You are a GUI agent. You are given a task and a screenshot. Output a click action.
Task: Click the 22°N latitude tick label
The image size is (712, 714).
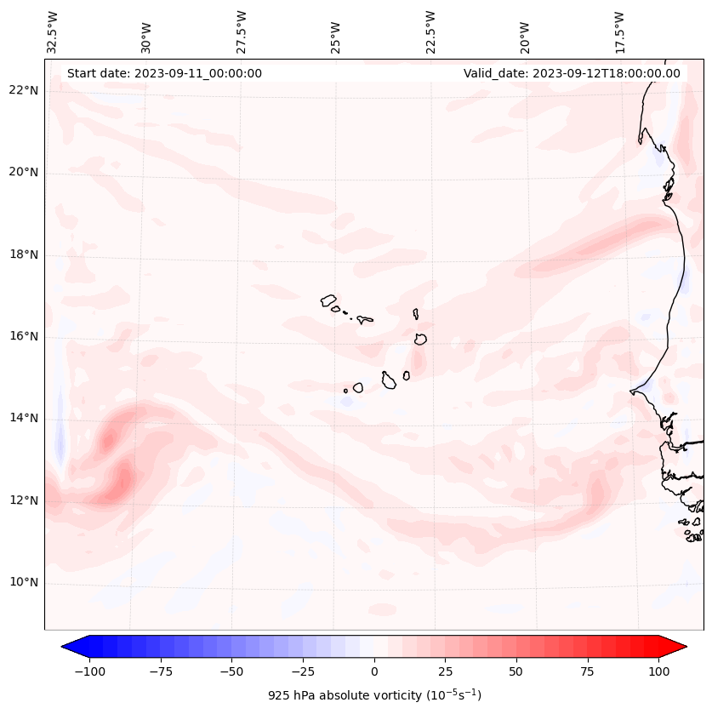[23, 90]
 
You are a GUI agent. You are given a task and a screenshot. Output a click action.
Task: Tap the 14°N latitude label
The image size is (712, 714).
[23, 418]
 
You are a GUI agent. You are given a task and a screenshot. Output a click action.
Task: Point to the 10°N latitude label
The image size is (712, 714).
[23, 582]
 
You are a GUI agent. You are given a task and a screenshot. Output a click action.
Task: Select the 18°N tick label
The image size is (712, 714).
[23, 254]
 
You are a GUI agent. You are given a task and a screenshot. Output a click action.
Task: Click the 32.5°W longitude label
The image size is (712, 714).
[53, 32]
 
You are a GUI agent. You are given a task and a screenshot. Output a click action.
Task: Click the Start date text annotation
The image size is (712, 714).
[164, 73]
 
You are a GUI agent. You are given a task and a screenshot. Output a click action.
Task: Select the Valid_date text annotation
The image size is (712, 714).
[572, 73]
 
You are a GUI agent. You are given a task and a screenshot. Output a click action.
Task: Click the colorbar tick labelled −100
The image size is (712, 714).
[89, 671]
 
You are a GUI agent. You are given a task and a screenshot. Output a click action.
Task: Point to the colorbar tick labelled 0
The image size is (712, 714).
[374, 671]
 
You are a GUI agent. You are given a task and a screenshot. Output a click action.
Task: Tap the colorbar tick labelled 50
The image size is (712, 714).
[516, 671]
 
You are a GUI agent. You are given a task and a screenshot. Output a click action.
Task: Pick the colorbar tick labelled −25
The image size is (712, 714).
[303, 671]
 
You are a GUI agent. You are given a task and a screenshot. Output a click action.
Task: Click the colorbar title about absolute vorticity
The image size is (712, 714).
[374, 695]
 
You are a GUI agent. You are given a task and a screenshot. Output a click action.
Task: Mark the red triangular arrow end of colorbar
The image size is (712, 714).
[674, 647]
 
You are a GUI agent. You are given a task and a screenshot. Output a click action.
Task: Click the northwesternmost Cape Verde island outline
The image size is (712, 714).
[328, 300]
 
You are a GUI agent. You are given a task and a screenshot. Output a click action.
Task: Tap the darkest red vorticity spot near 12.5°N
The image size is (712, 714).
[124, 481]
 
